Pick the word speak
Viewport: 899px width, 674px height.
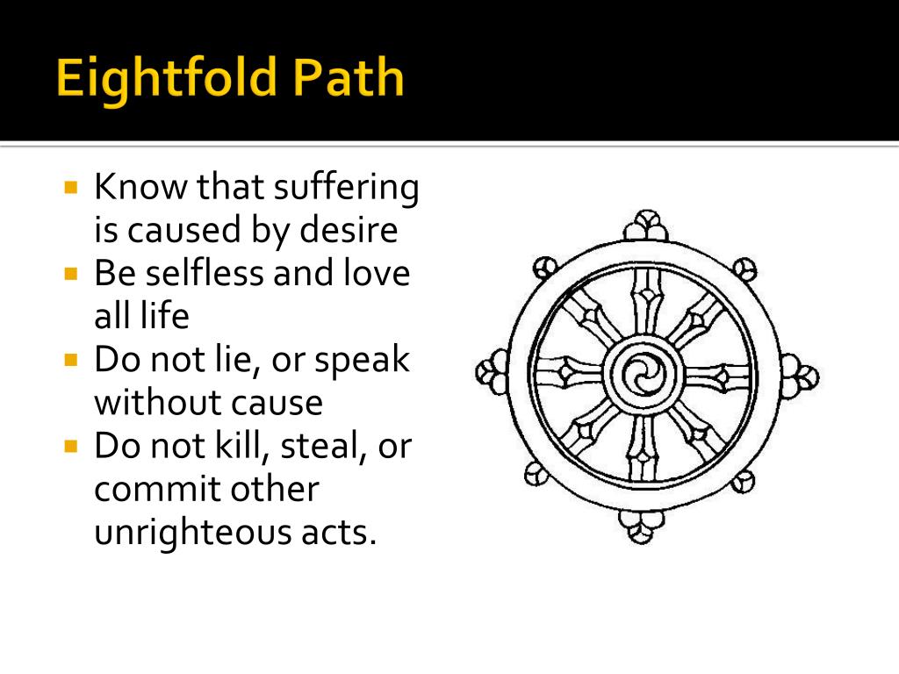(363, 360)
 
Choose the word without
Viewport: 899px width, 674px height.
(144, 403)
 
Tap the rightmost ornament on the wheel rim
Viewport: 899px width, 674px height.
(800, 376)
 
